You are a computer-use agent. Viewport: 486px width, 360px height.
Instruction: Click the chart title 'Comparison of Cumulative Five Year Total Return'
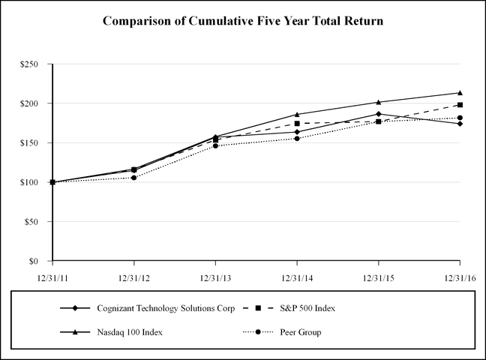coord(243,21)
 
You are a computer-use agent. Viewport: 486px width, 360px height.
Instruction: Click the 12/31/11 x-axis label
coord(52,277)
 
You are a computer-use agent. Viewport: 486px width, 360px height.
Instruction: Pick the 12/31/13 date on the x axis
coord(215,277)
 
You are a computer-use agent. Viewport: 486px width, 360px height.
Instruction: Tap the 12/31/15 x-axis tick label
coord(378,277)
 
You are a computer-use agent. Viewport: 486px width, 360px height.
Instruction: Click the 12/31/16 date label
coord(459,277)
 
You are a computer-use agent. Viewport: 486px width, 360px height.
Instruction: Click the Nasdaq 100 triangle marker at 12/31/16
coord(460,93)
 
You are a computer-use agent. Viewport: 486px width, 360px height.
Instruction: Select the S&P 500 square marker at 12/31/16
coord(460,105)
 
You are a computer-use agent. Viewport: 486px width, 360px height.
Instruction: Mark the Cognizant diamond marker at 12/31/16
coord(460,124)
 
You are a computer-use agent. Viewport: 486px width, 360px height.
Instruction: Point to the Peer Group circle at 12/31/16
coord(460,118)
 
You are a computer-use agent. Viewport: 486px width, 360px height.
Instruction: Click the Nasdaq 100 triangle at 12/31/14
coord(297,114)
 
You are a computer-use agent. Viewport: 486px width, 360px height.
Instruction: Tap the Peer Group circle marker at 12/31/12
coord(134,178)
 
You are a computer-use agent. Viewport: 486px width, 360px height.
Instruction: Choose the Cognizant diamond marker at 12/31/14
coord(297,132)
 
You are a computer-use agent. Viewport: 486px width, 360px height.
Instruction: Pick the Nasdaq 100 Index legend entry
coord(130,332)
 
